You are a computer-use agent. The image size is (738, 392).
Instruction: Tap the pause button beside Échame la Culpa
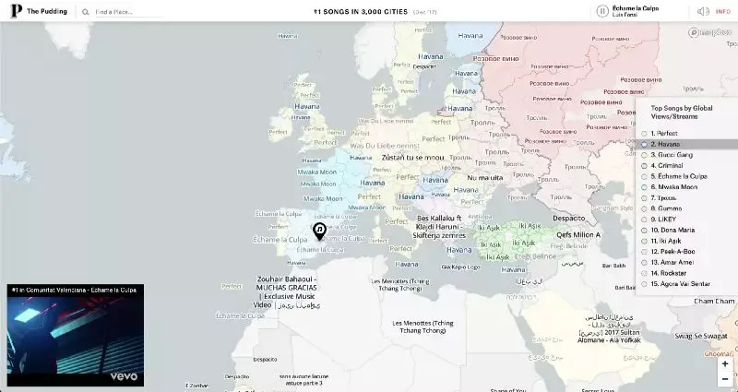(x=602, y=11)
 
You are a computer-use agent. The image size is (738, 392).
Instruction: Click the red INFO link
(x=723, y=11)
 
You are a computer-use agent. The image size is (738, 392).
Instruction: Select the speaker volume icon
(x=703, y=11)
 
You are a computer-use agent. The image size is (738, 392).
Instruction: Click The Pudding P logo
(x=16, y=11)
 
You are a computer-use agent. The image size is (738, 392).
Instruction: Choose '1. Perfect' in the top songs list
(x=664, y=134)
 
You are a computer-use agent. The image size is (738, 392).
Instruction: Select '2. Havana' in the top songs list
(x=666, y=144)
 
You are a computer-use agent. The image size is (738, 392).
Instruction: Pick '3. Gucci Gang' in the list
(x=671, y=154)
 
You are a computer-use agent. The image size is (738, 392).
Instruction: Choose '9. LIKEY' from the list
(x=665, y=219)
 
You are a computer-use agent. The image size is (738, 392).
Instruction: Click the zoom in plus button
(x=725, y=363)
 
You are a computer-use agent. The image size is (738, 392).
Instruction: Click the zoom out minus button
(x=725, y=378)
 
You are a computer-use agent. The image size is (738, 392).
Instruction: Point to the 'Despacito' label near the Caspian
(x=569, y=218)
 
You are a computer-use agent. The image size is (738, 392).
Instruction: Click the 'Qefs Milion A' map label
(x=578, y=234)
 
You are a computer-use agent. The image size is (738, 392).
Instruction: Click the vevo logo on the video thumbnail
(x=124, y=375)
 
